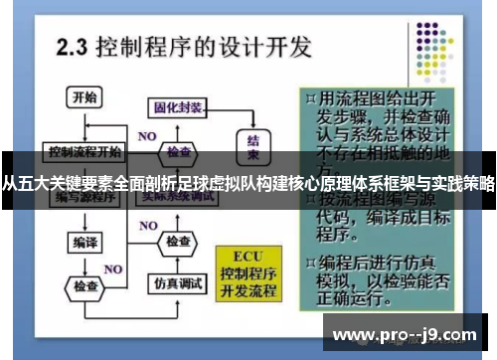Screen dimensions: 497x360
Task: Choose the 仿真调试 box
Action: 179,283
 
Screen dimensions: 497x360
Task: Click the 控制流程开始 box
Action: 84,151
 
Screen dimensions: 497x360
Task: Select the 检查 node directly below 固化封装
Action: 179,151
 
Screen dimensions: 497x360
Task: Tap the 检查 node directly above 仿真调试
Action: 179,242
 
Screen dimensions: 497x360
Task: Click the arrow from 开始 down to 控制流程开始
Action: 83,124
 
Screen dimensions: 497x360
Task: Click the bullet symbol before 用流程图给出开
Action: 312,98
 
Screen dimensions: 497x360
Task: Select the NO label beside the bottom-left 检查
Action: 113,269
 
